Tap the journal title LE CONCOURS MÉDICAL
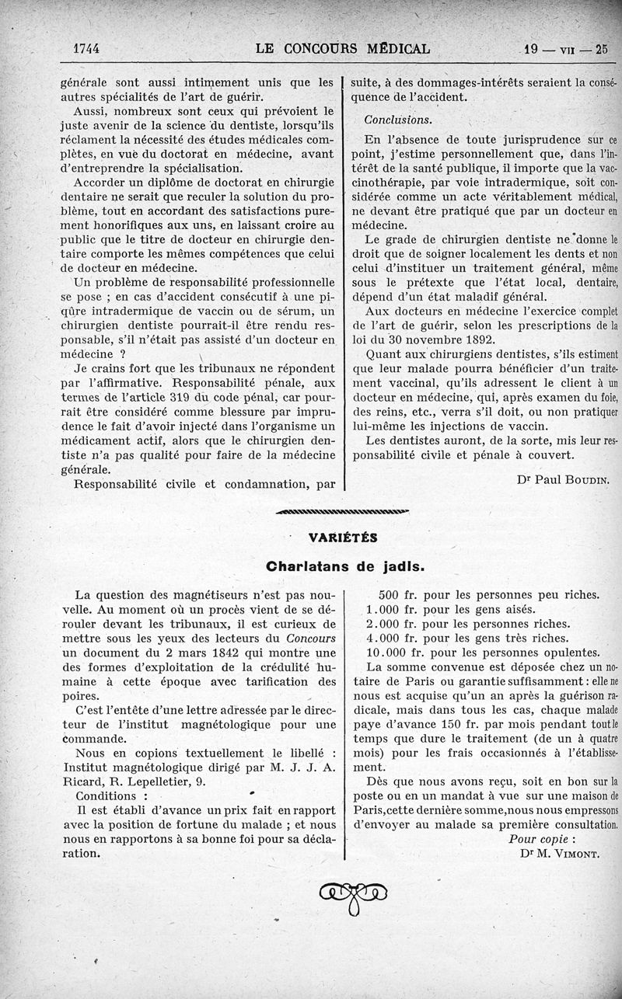coord(342,49)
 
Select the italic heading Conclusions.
coord(399,120)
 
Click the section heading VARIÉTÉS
coord(343,538)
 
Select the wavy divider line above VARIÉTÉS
coord(343,510)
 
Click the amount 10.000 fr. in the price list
coord(392,653)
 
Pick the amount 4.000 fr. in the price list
coord(388,639)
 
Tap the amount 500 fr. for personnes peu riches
coord(395,595)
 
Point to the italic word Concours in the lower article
coord(311,638)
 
